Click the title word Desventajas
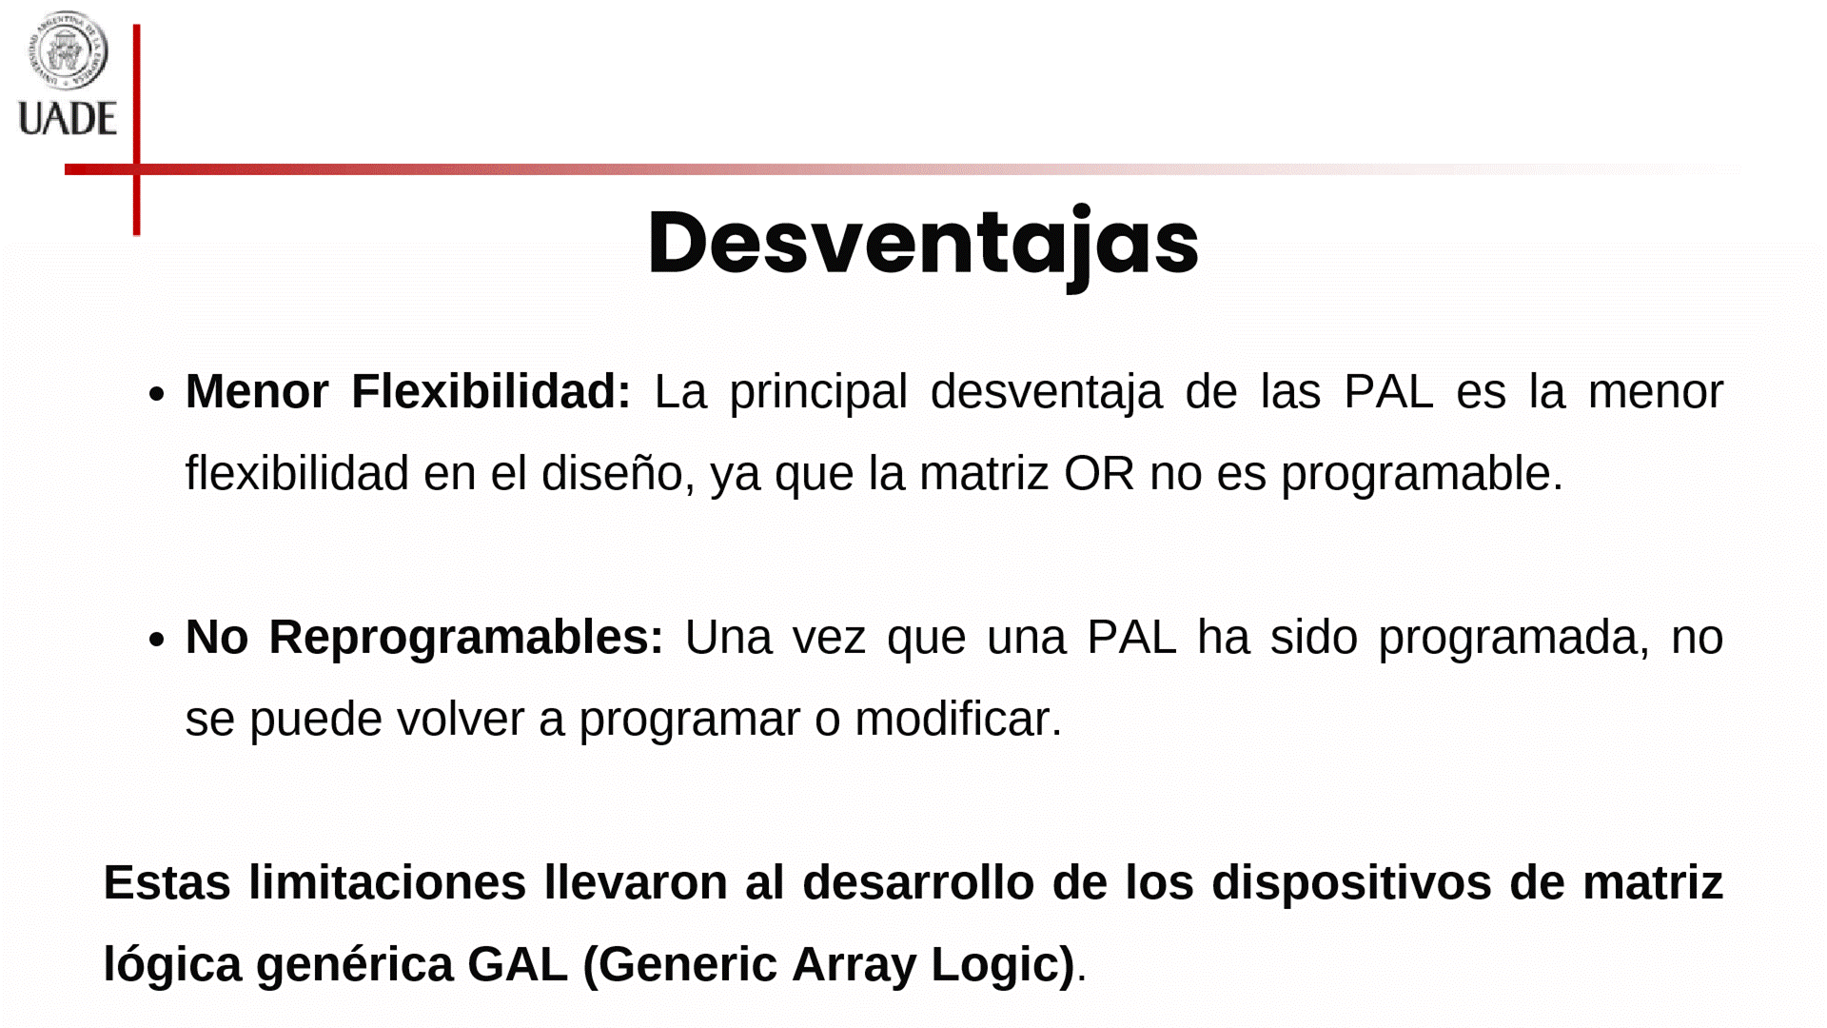(x=923, y=246)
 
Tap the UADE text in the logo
(x=68, y=119)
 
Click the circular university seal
(x=68, y=49)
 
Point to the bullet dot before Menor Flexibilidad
(x=157, y=394)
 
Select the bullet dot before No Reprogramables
(x=157, y=640)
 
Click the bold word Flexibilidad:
(x=491, y=391)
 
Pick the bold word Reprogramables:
(x=466, y=637)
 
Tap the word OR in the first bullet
(x=1099, y=473)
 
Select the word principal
(x=818, y=392)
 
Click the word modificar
(x=958, y=719)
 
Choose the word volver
(x=461, y=719)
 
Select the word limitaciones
(x=387, y=882)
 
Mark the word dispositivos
(x=1351, y=883)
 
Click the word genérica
(x=354, y=965)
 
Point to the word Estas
(x=167, y=882)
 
